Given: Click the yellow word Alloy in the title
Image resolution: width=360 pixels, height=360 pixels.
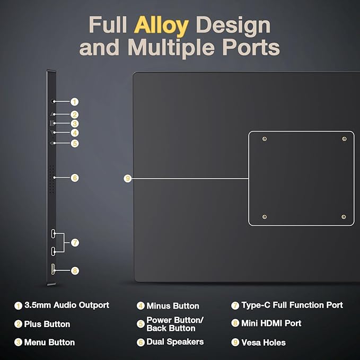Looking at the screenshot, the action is coord(161,25).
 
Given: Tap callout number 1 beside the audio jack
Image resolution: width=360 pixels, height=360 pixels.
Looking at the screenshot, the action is coord(74,102).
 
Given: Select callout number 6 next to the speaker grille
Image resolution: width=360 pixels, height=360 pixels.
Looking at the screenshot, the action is coord(75,178).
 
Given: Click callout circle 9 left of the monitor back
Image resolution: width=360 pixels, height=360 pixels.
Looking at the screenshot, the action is coord(128,178).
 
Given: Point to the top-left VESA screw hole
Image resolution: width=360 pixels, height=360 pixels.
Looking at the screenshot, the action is coord(265,139).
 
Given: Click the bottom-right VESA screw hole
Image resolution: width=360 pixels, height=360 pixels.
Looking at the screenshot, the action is coord(344,217).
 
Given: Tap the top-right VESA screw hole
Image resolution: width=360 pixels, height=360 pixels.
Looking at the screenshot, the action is coord(345,139).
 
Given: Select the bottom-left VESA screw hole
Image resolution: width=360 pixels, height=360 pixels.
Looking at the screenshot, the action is coord(265,217).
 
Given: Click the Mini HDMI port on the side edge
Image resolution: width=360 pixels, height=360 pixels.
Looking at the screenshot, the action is coord(53,269).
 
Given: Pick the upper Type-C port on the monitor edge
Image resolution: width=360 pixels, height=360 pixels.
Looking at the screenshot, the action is coord(53,233).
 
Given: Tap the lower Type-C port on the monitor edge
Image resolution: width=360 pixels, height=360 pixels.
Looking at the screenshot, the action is coord(53,251).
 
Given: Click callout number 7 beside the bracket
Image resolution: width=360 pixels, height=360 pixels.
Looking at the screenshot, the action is coord(75,243).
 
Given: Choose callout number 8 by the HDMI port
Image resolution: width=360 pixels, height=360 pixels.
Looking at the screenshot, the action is coord(75,271).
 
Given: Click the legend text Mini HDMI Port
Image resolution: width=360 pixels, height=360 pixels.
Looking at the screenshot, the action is coord(271,323).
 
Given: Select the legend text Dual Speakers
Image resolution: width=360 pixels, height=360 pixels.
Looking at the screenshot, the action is coord(175,342).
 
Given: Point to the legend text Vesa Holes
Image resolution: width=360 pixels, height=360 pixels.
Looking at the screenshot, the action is coord(264,343).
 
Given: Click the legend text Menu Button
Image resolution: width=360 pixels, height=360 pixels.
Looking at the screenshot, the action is coord(49,343).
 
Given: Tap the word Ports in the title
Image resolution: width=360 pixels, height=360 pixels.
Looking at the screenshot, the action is coord(251,47).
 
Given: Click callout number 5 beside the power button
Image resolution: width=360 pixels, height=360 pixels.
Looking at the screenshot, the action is coord(75,144).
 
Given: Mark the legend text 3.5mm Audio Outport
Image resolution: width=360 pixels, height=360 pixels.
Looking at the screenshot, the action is coord(67,305).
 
